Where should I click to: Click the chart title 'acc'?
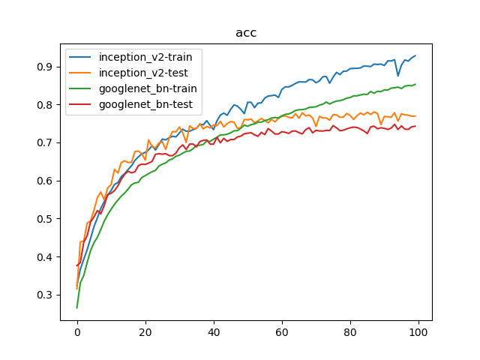pyautogui.click(x=246, y=33)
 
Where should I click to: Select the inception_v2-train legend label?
pyautogui.click(x=145, y=57)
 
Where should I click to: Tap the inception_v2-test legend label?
pyautogui.click(x=143, y=73)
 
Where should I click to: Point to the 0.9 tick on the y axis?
pyautogui.click(x=45, y=67)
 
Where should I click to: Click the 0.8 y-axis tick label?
pyautogui.click(x=45, y=105)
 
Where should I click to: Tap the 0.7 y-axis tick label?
pyautogui.click(x=45, y=142)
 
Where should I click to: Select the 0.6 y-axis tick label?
pyautogui.click(x=45, y=181)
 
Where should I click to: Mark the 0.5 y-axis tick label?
pyautogui.click(x=45, y=219)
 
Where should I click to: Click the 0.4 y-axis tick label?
pyautogui.click(x=45, y=256)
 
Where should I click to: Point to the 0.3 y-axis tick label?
pyautogui.click(x=45, y=295)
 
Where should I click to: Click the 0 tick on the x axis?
pyautogui.click(x=77, y=331)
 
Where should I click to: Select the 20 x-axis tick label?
pyautogui.click(x=145, y=331)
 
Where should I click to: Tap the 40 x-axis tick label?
pyautogui.click(x=214, y=331)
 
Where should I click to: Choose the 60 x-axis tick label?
pyautogui.click(x=282, y=331)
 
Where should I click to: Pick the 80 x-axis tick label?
pyautogui.click(x=350, y=331)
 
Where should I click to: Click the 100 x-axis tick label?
pyautogui.click(x=418, y=331)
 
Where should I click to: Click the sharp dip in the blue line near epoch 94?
pyautogui.click(x=398, y=76)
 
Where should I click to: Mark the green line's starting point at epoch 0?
pyautogui.click(x=77, y=307)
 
